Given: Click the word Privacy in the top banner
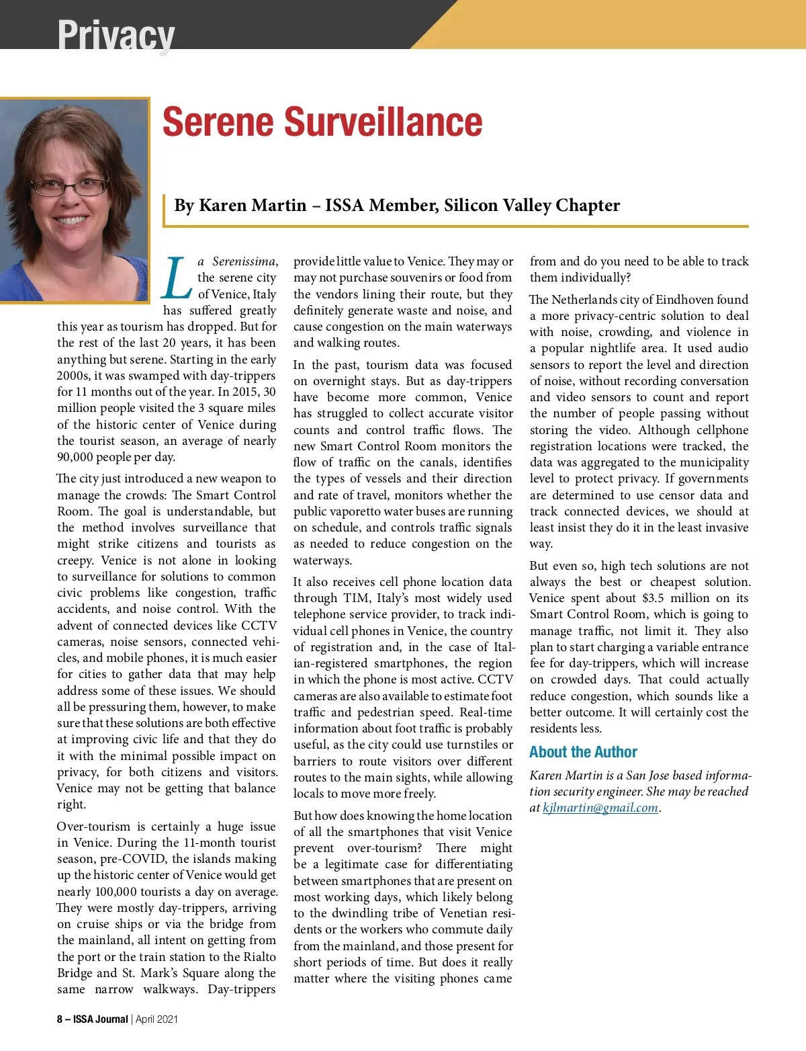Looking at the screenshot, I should [x=116, y=35].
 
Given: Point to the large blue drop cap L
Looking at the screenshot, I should [x=176, y=278].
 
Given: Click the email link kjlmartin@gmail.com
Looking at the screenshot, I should [x=600, y=808].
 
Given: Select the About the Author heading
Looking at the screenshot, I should [x=583, y=752].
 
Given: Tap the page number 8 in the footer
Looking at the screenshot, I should [x=60, y=1019].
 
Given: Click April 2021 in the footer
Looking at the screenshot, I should [x=157, y=1019].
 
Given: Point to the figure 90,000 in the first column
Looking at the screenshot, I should [x=76, y=458].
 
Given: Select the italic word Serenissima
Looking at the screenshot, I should [x=244, y=261].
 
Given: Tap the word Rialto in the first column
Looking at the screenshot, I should [x=259, y=957].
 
